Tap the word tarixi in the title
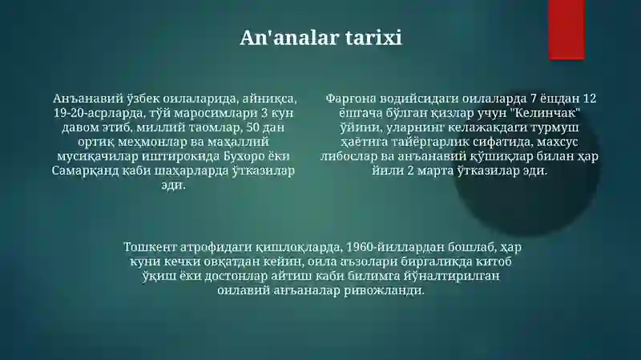[373, 38]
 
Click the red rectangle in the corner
[566, 30]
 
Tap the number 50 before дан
[252, 127]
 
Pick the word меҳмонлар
[152, 143]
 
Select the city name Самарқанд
[86, 171]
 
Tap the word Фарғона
[351, 99]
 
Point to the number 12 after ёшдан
[590, 99]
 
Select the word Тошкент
[150, 247]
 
